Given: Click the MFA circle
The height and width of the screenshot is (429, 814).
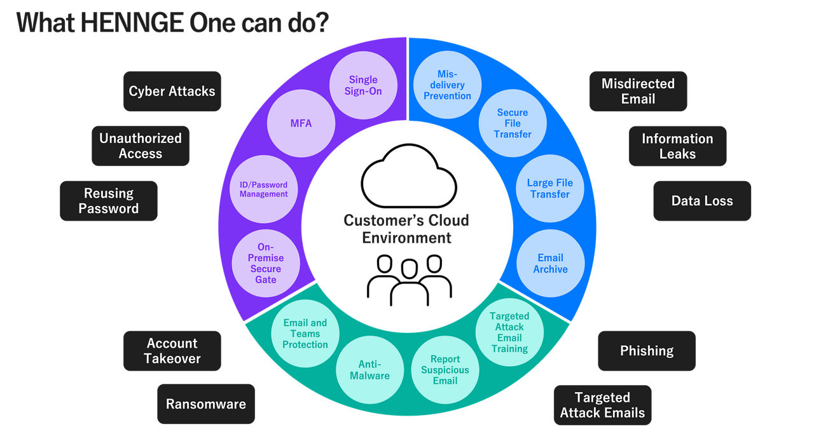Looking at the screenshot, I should click(x=301, y=123).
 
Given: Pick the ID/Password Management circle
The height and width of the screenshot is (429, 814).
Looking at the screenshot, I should click(x=263, y=189).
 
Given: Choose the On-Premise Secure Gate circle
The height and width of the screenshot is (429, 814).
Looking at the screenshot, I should click(x=266, y=263).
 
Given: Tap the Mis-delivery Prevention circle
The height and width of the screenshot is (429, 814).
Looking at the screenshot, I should click(x=447, y=85).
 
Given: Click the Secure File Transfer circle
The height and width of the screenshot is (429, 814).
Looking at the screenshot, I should click(x=513, y=123).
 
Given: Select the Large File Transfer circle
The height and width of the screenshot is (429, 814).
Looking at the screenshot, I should click(x=549, y=189).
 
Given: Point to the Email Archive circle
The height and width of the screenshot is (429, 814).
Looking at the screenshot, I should click(x=550, y=263).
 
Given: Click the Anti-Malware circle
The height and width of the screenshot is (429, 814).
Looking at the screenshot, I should click(x=369, y=369).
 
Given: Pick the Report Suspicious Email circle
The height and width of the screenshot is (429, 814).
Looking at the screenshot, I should click(x=445, y=369).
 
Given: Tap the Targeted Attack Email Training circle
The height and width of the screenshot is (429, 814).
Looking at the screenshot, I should click(x=509, y=332).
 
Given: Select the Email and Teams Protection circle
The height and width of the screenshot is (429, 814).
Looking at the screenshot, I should click(x=305, y=334).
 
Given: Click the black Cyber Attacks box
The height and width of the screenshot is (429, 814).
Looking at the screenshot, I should click(x=172, y=92).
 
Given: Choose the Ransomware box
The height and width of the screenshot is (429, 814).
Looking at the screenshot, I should click(x=206, y=404).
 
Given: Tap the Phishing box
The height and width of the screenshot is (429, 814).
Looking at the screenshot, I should click(x=647, y=351).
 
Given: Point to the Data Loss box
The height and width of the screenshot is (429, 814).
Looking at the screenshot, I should click(x=702, y=201).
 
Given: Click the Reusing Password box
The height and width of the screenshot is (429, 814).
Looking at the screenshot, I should click(x=109, y=201).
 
